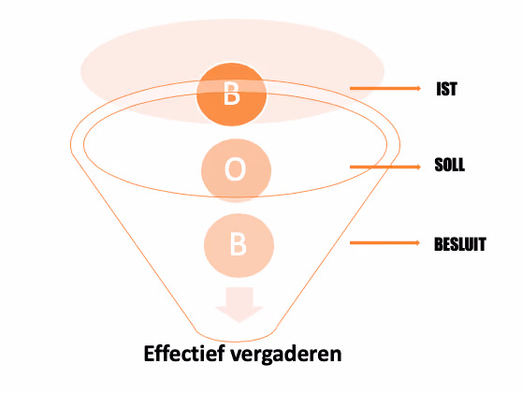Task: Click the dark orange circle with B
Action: click(232, 95)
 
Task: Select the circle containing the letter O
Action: click(236, 170)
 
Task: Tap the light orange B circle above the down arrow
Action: click(239, 245)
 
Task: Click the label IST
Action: click(446, 89)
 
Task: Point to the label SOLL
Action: click(449, 165)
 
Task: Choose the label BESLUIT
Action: click(460, 244)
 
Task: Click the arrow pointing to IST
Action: click(385, 88)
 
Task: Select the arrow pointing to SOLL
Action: click(385, 167)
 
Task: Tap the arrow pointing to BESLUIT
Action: click(384, 242)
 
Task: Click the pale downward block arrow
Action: click(239, 304)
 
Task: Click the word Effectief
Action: click(184, 354)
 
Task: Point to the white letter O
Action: click(235, 169)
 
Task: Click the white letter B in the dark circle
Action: click(231, 94)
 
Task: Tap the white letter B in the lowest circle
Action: click(238, 244)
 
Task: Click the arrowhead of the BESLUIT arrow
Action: click(418, 242)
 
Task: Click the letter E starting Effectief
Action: click(149, 354)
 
